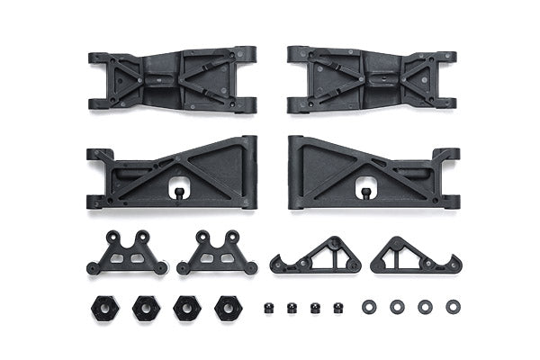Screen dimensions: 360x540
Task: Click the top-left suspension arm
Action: (x=172, y=80)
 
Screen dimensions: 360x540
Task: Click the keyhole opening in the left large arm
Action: (x=178, y=191)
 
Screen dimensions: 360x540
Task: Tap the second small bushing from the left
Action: (x=292, y=308)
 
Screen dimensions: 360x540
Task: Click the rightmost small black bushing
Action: (x=339, y=308)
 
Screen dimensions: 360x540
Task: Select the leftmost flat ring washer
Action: (x=369, y=307)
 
